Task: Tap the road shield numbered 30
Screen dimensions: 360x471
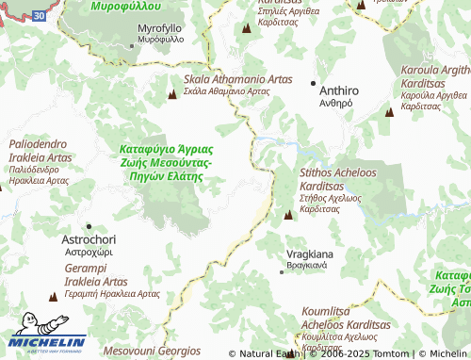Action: click(37, 16)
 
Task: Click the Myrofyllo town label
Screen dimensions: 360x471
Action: click(160, 36)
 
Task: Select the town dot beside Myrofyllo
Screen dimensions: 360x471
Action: click(131, 44)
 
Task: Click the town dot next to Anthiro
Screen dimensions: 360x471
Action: click(314, 83)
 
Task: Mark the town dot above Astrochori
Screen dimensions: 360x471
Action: click(89, 226)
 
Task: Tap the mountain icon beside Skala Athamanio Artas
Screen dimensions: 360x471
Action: click(171, 94)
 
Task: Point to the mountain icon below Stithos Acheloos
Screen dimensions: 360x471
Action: click(288, 216)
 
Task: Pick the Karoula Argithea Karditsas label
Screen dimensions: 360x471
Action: click(434, 88)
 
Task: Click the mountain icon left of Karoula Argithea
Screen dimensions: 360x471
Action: click(388, 111)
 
